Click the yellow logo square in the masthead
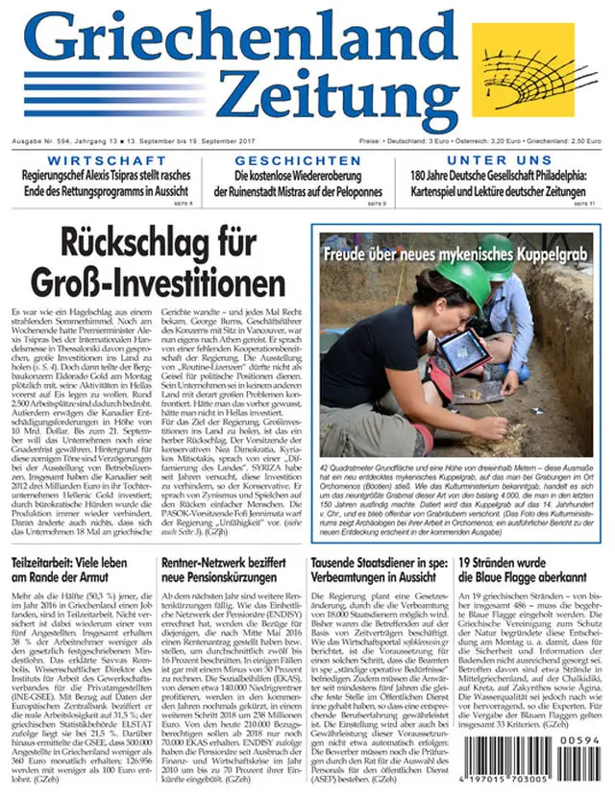pyautogui.click(x=523, y=72)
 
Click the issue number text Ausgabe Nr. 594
pyautogui.click(x=47, y=141)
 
